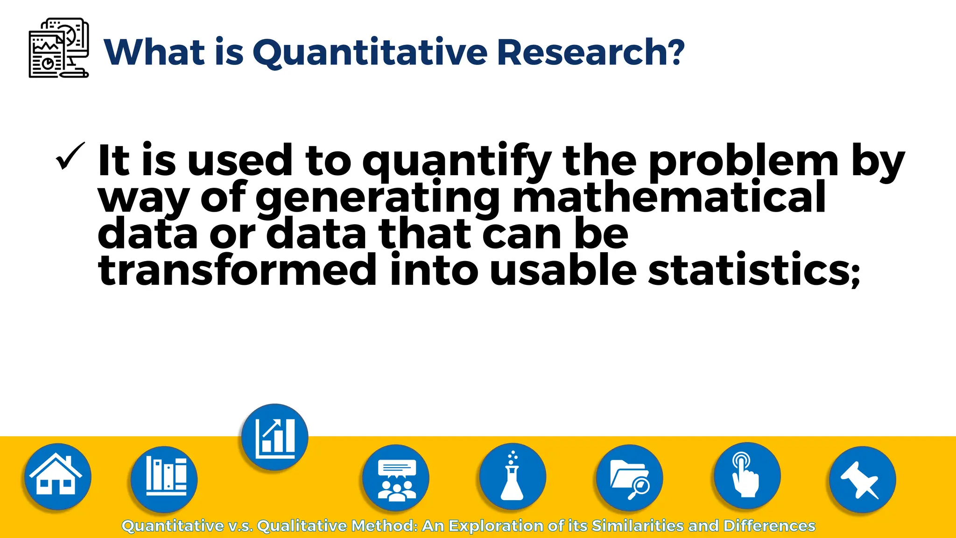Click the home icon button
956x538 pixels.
pos(57,476)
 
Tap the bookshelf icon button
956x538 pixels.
pos(164,479)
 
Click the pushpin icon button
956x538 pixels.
pos(862,480)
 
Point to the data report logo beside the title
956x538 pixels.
pos(59,48)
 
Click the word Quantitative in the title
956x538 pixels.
pos(370,52)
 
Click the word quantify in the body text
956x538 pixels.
pos(457,161)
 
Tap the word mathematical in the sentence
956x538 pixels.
pos(668,197)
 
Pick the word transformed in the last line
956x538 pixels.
pos(237,270)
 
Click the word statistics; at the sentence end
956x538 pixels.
pos(754,270)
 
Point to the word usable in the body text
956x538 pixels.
pos(563,270)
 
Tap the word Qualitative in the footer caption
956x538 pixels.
pos(302,526)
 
